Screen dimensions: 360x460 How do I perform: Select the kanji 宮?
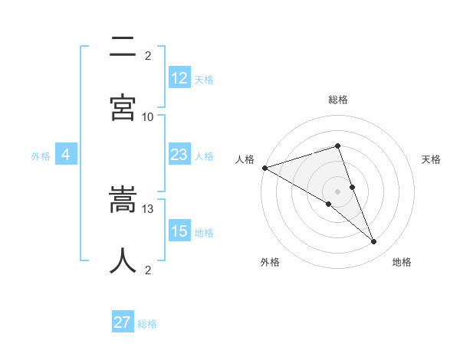coord(123,107)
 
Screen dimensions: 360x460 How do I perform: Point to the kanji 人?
coord(123,260)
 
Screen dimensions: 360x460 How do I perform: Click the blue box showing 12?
coord(179,77)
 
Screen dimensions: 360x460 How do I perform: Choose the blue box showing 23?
coord(179,155)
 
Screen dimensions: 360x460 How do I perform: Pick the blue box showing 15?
coord(179,231)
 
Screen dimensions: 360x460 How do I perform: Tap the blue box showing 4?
coord(66,155)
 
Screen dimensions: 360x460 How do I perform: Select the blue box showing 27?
coord(123,322)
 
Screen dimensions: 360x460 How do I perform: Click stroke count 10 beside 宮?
coord(148,116)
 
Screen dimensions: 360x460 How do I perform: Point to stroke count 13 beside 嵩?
coord(148,208)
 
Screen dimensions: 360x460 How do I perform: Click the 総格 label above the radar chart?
coord(338,100)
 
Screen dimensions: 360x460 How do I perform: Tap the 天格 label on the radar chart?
coord(432,159)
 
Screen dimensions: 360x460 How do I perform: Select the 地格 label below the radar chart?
coord(402,262)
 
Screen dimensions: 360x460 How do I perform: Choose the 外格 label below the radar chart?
coord(270,262)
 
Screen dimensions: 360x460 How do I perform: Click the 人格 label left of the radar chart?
coord(245,159)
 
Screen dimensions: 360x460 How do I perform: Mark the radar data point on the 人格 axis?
coord(264,168)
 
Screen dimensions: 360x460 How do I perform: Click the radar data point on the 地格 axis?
coord(374,242)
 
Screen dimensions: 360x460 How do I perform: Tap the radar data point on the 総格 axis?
coord(337,146)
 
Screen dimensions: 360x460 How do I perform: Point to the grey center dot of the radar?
coord(337,191)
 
